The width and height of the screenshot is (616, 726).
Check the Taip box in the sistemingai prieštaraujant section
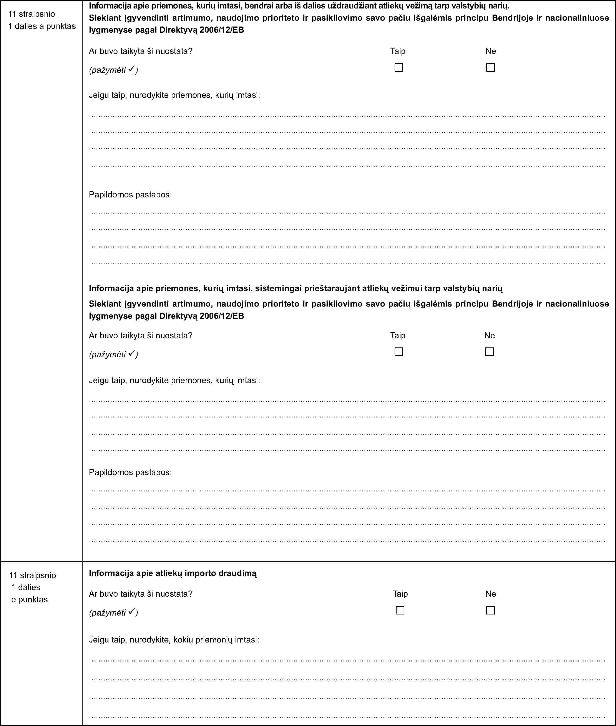point(398,352)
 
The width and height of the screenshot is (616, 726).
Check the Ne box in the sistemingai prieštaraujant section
point(489,352)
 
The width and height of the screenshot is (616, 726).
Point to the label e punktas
point(30,599)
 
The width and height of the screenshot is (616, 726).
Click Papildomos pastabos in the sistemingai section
point(130,472)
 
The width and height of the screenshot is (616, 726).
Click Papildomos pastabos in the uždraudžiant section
point(130,195)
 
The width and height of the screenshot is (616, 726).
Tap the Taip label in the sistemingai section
point(398,335)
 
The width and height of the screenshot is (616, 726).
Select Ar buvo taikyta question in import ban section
point(140,594)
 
